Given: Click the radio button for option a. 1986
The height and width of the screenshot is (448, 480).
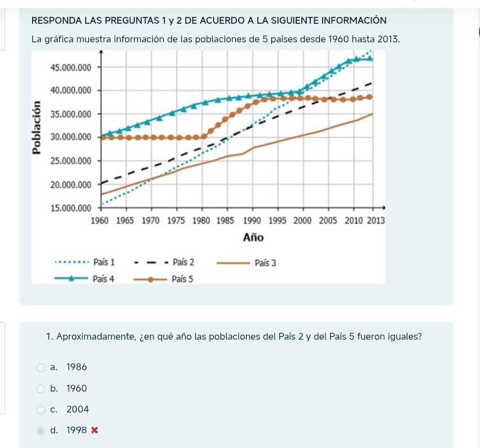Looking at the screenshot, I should [x=41, y=368].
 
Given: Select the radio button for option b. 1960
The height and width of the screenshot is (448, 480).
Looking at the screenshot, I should [x=41, y=389].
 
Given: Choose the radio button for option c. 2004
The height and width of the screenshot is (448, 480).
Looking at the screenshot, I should [x=41, y=410].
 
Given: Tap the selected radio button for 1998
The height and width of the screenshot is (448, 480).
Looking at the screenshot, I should [x=41, y=431].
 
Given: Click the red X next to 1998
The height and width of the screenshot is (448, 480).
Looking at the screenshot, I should [x=95, y=431].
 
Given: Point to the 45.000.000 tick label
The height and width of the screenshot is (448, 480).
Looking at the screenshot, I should [x=71, y=67].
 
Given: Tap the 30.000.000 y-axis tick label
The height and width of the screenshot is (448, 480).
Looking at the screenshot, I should [x=71, y=137].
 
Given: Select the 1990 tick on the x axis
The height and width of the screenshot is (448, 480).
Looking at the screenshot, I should [x=252, y=221].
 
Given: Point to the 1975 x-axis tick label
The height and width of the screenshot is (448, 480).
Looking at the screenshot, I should [x=177, y=221].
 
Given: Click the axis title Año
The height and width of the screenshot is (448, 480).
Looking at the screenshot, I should [x=253, y=238].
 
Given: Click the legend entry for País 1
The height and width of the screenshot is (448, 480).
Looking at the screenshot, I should [x=104, y=262].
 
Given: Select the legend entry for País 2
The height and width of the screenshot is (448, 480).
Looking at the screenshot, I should [x=183, y=262].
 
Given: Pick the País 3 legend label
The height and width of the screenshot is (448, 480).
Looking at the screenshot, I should [x=265, y=263].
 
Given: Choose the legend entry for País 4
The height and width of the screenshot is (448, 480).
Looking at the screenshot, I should [x=103, y=279].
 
